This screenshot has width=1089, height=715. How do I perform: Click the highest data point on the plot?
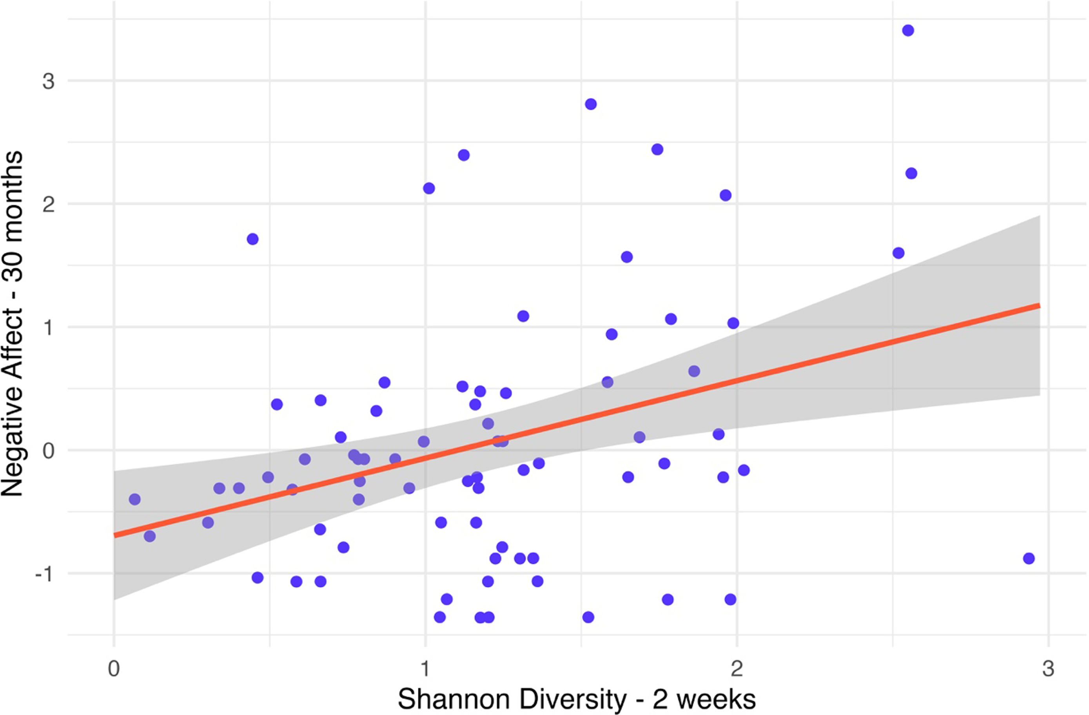(x=908, y=31)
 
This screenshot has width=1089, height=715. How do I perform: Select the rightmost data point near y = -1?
(x=1029, y=558)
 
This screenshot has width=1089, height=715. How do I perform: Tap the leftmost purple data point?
(x=134, y=499)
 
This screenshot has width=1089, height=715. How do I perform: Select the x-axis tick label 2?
(x=737, y=669)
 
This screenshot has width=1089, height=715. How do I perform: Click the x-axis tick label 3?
(x=1048, y=669)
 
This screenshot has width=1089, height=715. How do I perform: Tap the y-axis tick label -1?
(x=45, y=573)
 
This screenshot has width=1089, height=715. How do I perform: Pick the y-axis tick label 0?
(x=49, y=450)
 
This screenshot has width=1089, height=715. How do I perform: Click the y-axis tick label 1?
(x=49, y=327)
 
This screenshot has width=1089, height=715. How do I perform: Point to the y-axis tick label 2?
(x=49, y=204)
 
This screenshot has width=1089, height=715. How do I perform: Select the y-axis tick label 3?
(x=49, y=81)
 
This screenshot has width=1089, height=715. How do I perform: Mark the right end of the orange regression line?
(x=1040, y=306)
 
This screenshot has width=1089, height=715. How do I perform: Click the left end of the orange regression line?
(x=114, y=535)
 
